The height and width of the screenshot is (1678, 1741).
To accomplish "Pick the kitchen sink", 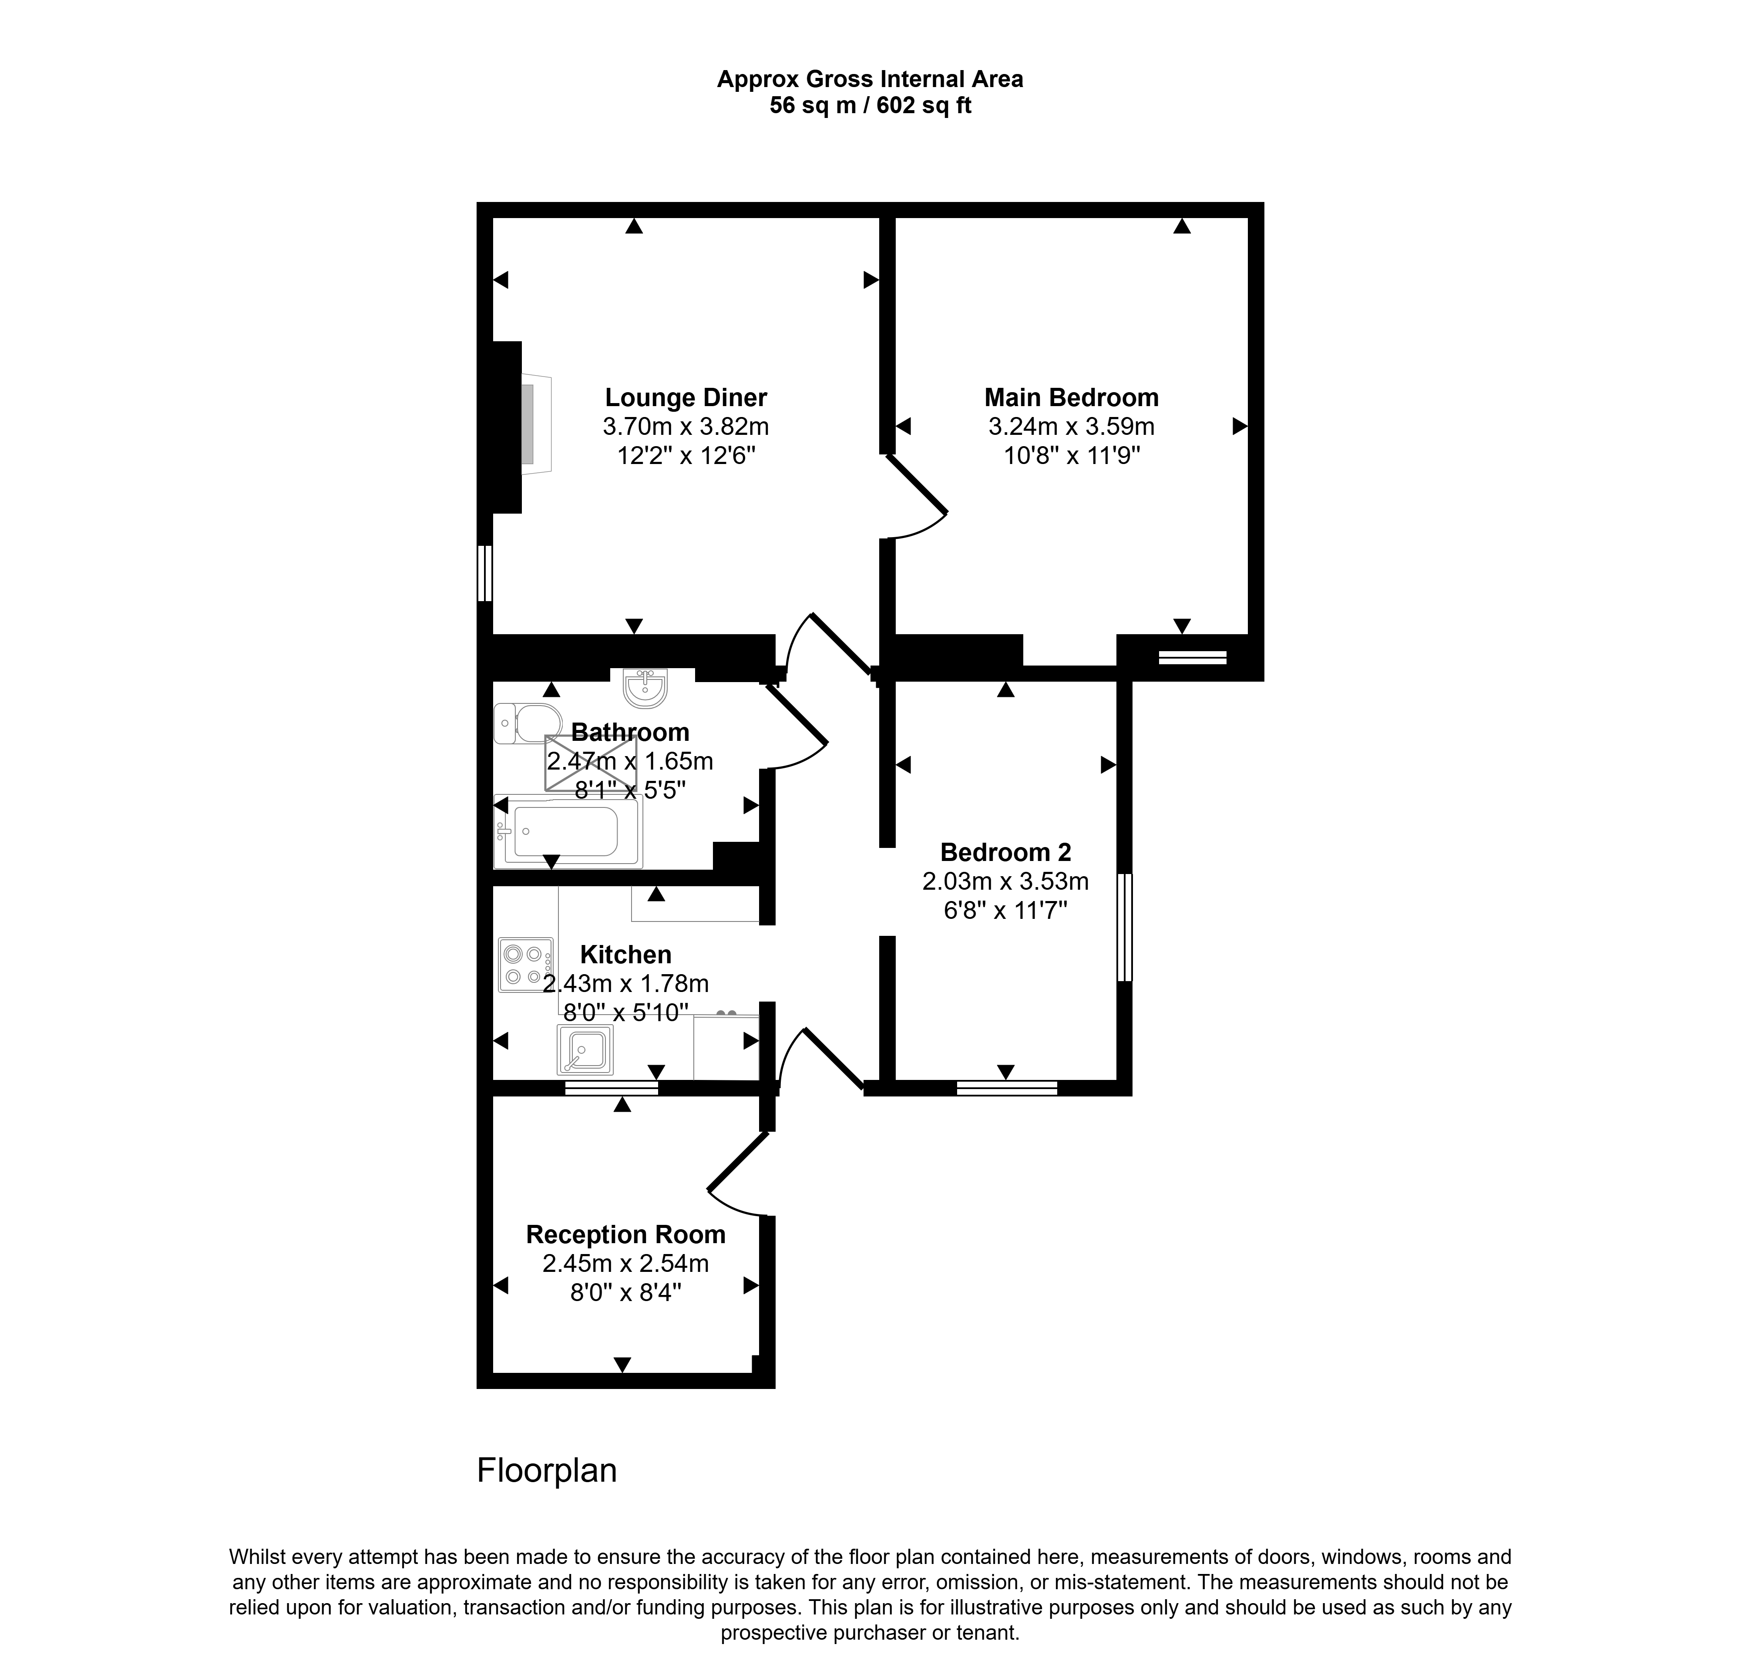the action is pyautogui.click(x=585, y=1049).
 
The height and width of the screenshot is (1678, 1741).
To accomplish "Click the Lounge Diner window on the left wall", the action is pyautogui.click(x=484, y=573).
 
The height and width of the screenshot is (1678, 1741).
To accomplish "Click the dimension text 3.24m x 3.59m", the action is pyautogui.click(x=1071, y=427).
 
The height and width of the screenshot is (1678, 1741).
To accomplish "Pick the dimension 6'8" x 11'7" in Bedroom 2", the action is pyautogui.click(x=1005, y=911).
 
